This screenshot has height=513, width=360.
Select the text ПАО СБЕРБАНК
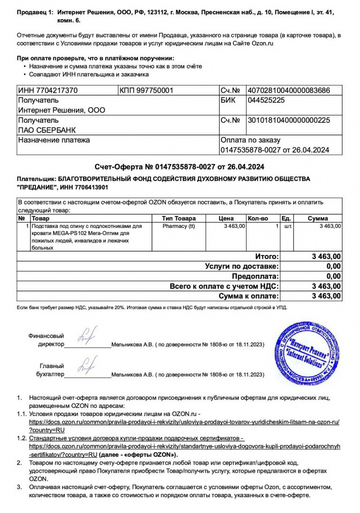pyautogui.click(x=47, y=130)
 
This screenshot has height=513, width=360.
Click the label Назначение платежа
pyautogui.click(x=54, y=140)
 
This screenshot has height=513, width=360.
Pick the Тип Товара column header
pyautogui.click(x=178, y=218)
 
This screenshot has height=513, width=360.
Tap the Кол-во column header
pyautogui.click(x=259, y=218)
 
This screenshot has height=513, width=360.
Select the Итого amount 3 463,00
pyautogui.click(x=326, y=256)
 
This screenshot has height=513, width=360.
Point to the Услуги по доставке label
pyautogui.click(x=242, y=266)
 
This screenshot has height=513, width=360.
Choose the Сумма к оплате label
pyautogui.click(x=248, y=296)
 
